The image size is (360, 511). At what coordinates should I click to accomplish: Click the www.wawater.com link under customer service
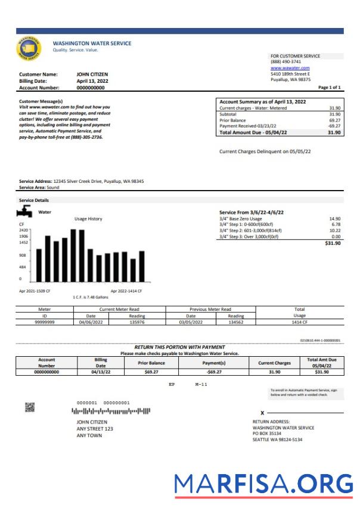289,68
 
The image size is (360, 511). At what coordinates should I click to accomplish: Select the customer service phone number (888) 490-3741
285,62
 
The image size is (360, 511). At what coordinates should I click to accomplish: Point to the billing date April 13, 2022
92,81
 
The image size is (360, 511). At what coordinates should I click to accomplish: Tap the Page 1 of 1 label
330,87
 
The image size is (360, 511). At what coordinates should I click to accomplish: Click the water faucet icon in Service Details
27,212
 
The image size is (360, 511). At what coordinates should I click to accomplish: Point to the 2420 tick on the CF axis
24,229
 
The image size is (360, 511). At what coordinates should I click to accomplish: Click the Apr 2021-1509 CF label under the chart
35,290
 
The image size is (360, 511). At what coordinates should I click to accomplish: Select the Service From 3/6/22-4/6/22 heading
252,212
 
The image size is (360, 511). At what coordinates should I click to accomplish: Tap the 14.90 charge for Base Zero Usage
334,219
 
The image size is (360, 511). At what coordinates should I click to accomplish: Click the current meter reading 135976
136,322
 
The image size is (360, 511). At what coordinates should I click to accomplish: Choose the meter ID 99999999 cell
45,322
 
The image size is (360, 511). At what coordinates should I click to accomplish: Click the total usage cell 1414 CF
299,322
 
